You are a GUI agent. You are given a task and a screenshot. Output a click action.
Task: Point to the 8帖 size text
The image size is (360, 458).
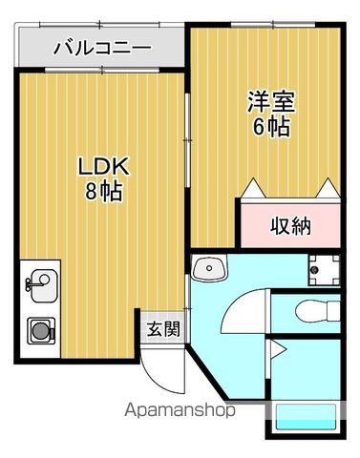[x=103, y=190]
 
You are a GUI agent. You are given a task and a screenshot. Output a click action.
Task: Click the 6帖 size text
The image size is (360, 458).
[x=271, y=126]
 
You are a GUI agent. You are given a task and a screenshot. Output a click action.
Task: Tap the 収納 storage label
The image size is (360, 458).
[x=289, y=226]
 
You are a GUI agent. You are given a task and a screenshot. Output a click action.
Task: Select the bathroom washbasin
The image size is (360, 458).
[x=207, y=269]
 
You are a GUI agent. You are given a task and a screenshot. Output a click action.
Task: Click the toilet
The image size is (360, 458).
[x=314, y=311]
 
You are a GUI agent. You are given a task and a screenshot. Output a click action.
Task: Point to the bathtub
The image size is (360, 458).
[x=306, y=421]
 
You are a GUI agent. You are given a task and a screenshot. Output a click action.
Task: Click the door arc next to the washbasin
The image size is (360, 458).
[x=244, y=306]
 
